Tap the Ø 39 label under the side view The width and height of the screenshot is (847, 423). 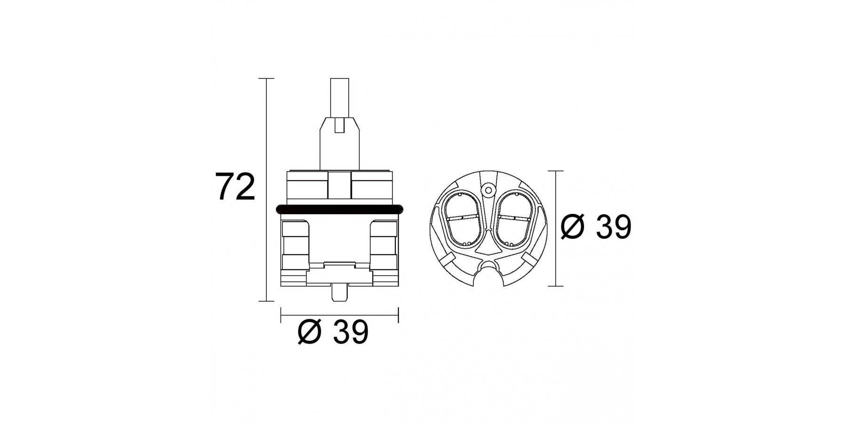tap(333, 332)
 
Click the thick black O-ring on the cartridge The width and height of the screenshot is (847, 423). tap(340, 209)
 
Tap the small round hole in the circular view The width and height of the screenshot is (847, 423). tap(488, 190)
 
